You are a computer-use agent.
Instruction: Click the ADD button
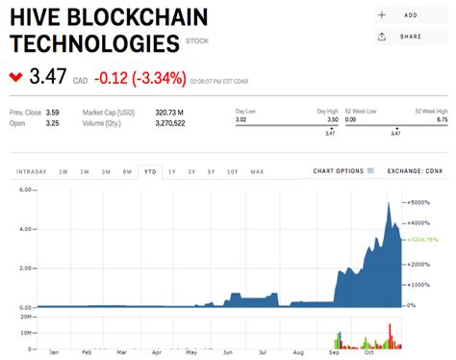click(x=399, y=15)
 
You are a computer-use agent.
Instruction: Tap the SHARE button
click(x=399, y=37)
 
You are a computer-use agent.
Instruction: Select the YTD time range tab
click(x=150, y=171)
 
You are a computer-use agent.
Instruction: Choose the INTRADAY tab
click(x=31, y=171)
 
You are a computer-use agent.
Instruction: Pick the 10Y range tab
click(x=233, y=171)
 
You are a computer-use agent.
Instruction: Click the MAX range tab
click(x=257, y=171)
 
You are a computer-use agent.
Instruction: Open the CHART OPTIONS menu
click(x=343, y=171)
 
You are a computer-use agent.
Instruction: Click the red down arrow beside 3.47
click(x=15, y=76)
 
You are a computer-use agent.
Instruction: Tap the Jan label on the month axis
click(x=54, y=352)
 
